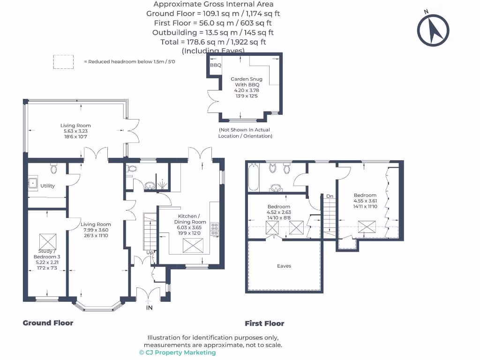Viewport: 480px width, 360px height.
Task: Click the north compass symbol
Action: click(434, 30)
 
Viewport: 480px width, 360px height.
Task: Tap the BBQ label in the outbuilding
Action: click(216, 65)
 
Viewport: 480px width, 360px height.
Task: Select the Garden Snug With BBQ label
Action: click(246, 82)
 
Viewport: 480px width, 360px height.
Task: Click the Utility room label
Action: click(47, 186)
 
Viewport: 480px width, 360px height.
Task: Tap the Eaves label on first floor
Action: click(284, 266)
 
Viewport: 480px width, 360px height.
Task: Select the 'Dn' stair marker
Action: click(330, 196)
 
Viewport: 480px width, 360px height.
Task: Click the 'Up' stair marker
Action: click(150, 253)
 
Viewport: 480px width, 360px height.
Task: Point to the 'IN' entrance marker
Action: click(150, 308)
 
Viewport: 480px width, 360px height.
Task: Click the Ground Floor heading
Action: click(48, 322)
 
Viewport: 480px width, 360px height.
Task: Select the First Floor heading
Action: click(264, 323)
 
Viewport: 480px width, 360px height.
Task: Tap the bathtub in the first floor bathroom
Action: click(253, 177)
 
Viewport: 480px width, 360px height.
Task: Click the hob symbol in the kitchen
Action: click(215, 228)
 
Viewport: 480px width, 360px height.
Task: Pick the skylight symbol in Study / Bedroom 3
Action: click(47, 242)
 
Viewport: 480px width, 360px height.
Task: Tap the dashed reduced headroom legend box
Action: click(63, 62)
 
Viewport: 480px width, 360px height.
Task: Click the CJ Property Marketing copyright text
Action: click(178, 352)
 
